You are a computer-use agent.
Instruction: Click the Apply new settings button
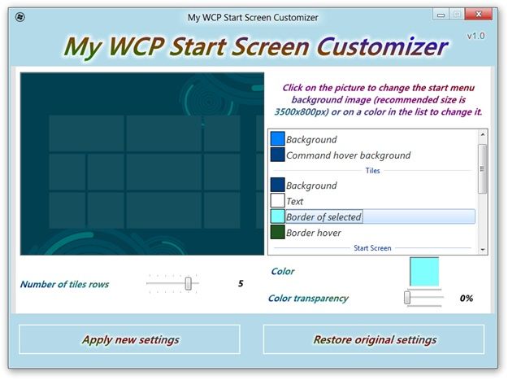coord(129,339)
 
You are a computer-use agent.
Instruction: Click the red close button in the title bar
coord(478,15)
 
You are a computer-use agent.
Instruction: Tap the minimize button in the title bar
coord(441,15)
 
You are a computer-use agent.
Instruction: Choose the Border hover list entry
coord(313,233)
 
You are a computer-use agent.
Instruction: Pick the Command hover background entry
coord(348,155)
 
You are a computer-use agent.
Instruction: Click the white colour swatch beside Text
coord(277,200)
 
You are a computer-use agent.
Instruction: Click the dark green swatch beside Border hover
coord(277,232)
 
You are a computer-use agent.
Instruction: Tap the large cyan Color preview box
coord(424,272)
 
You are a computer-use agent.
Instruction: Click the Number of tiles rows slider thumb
coord(189,283)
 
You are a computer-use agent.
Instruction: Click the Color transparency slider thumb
coord(407,298)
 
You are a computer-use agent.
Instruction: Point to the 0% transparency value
coord(467,298)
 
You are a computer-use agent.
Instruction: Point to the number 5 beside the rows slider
coord(241,283)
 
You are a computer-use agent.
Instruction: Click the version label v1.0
coord(475,36)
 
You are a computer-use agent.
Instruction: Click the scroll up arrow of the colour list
coord(483,134)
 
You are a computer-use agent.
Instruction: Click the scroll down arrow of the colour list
coord(483,250)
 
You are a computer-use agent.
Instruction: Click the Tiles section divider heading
coord(372,171)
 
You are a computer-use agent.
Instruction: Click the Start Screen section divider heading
coord(372,248)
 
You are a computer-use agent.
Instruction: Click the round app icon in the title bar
coord(20,17)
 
